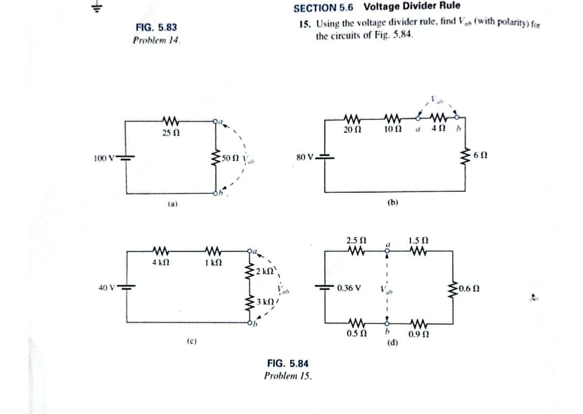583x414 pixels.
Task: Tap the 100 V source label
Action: click(103, 158)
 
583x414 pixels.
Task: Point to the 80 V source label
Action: click(304, 158)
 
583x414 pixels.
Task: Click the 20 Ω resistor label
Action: click(352, 130)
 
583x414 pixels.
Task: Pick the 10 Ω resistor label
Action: click(391, 130)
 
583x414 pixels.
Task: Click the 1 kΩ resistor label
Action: click(211, 262)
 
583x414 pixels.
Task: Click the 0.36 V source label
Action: click(349, 288)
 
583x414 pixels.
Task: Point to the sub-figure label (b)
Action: click(392, 202)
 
